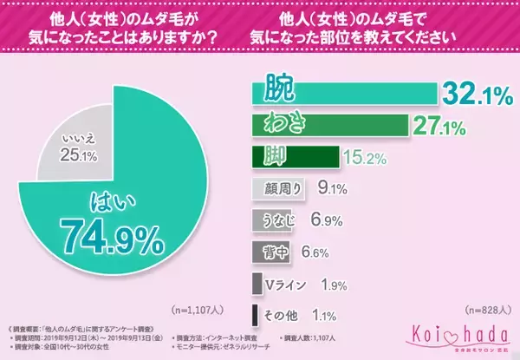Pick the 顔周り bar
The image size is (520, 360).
(276, 187)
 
